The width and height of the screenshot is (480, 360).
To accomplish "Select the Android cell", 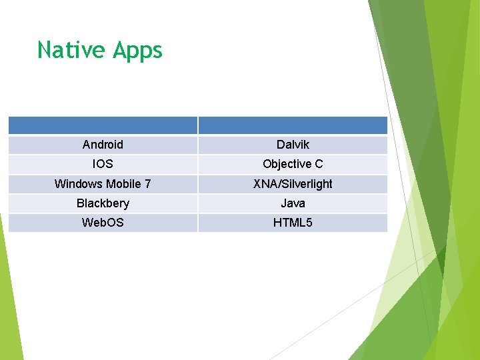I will pos(103,145).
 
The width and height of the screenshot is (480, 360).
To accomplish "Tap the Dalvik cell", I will pos(293,145).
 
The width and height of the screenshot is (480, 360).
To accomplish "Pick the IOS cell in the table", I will pos(103,164).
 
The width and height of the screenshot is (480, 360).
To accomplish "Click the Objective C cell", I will pos(293,164).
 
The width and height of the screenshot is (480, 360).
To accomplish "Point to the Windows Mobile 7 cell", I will pos(103,184).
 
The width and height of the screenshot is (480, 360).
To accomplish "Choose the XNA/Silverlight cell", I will pos(293,184).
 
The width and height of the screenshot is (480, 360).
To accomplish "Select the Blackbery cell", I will pos(103,203).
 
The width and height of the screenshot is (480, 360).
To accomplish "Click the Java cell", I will pos(293,203).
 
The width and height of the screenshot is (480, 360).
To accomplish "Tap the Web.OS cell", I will pos(103,223).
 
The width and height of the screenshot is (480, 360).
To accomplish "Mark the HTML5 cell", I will pos(293,223).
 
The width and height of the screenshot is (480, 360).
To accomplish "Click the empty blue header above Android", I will pos(103,125).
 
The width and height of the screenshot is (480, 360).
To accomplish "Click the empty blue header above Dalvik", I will pos(293,125).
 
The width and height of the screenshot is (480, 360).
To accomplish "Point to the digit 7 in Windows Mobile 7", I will pos(147,184).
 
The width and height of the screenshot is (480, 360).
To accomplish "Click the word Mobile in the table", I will pos(121,184).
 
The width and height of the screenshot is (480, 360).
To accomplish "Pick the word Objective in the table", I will pos(287,164).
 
